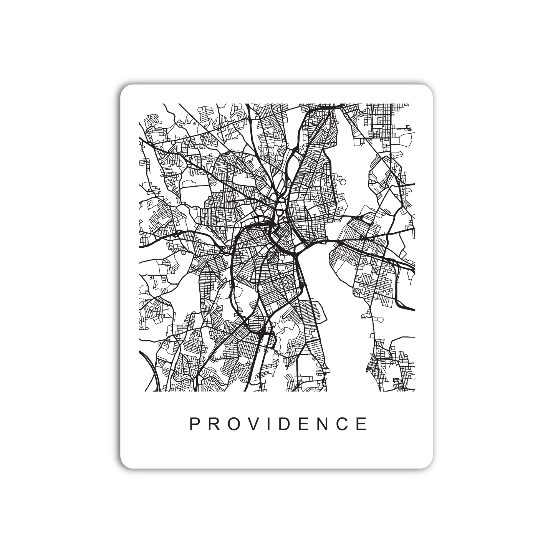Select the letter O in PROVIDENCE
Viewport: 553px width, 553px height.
pyautogui.click(x=235, y=424)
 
